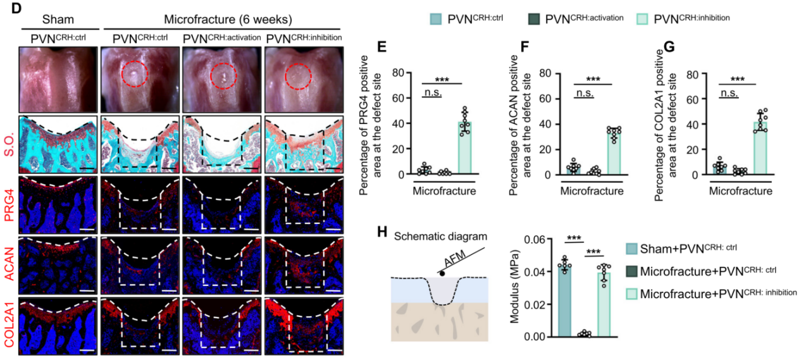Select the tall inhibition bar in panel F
pos(612,152)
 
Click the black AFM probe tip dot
pos(440,273)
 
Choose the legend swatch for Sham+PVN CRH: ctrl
pos(631,249)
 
